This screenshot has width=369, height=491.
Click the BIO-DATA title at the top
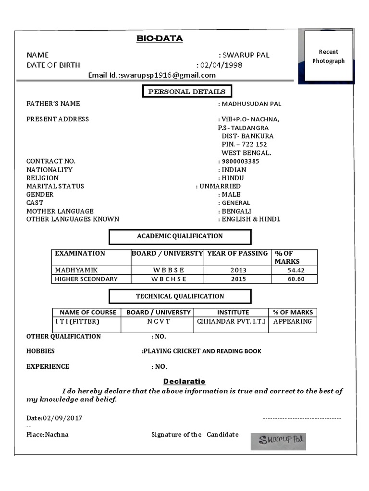[x=160, y=39]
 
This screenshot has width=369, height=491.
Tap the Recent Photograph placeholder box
[x=329, y=57]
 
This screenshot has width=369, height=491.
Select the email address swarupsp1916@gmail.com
[x=168, y=75]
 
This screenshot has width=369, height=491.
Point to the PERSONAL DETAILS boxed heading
[x=187, y=92]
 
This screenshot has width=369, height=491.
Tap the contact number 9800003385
[x=240, y=161]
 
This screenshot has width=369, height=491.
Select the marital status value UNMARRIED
[x=220, y=186]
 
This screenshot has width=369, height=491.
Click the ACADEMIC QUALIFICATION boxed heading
[x=180, y=236]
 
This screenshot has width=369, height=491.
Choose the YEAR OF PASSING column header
[x=237, y=254]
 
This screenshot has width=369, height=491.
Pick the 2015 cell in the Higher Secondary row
[x=238, y=279]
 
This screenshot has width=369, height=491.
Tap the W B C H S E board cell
[x=168, y=279]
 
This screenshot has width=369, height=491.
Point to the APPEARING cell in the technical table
[x=293, y=321]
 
